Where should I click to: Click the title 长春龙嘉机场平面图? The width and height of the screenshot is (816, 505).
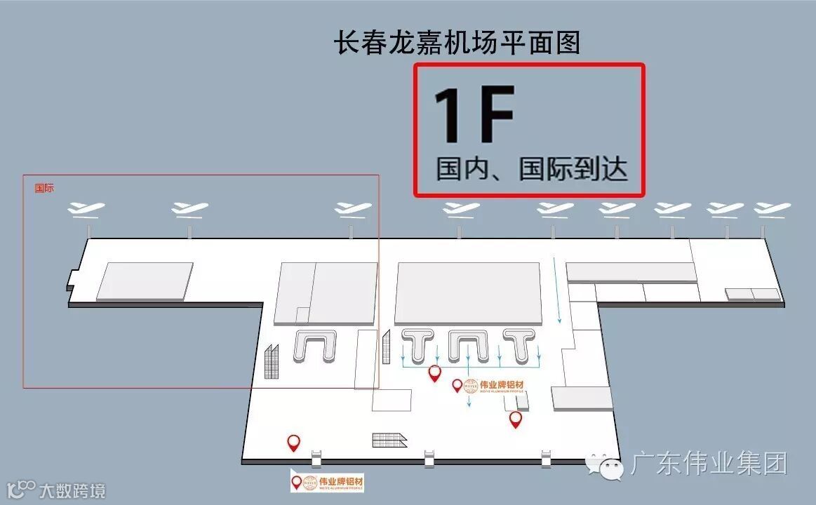coord(457,43)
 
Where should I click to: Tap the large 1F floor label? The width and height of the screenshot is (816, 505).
coord(474,115)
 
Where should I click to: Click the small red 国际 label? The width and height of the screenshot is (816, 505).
coord(44,189)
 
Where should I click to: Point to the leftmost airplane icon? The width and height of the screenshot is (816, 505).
coord(86,208)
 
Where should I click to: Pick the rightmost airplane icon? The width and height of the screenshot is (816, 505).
coord(772,208)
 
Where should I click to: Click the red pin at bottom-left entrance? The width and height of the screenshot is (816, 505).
coord(294,442)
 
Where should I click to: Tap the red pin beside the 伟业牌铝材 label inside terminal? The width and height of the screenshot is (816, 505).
coord(457,385)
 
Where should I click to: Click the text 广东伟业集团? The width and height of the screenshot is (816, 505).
coord(709,464)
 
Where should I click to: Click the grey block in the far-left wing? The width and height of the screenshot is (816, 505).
coord(145,281)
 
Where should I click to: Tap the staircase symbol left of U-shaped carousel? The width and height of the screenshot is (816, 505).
coord(272,361)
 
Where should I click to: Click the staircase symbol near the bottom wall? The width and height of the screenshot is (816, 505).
coord(389,440)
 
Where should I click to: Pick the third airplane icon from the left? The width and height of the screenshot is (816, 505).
coord(353,208)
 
